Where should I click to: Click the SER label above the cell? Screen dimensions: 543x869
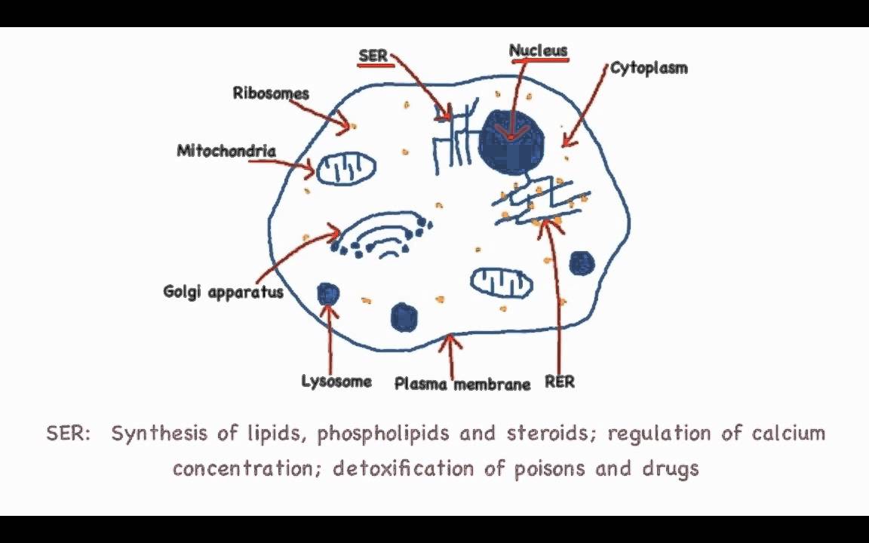point(373,57)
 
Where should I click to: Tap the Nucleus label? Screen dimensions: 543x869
point(538,51)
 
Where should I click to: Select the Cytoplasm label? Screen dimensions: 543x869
point(649,69)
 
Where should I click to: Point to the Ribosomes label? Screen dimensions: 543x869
point(271,94)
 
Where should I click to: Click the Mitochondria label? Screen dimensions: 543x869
point(226,151)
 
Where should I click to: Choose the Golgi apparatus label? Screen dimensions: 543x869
point(223,291)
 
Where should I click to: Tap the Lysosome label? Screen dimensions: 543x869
point(336,381)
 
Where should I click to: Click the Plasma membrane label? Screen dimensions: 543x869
point(462,384)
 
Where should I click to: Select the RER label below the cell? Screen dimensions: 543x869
point(560,382)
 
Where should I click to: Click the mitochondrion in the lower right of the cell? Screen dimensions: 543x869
point(502,282)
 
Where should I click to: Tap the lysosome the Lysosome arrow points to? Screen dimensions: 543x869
point(328,293)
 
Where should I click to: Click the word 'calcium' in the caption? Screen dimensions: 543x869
point(788,434)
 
